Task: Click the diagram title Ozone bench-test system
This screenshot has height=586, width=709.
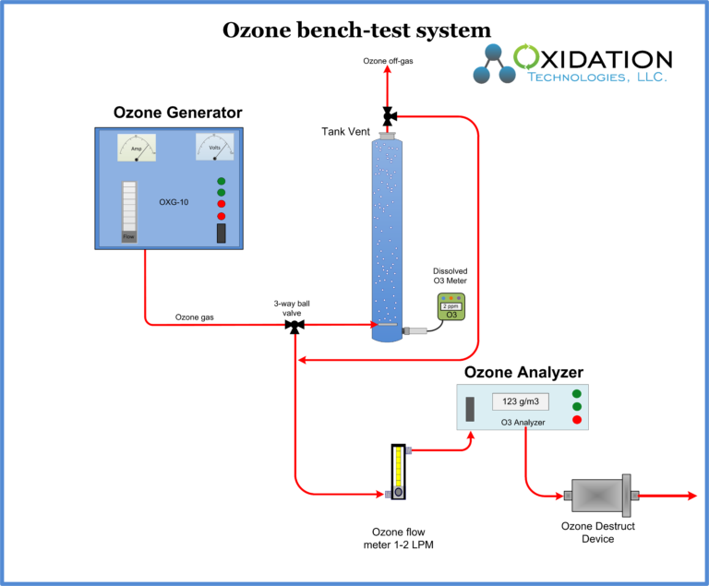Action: pos(355,30)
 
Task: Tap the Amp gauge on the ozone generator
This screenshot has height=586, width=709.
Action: pos(137,148)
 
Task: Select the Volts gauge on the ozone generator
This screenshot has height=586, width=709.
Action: pos(214,147)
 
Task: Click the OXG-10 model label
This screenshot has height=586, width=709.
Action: pos(173,201)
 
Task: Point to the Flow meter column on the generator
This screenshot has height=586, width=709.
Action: pos(129,212)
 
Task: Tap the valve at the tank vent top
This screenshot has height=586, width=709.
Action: pos(388,115)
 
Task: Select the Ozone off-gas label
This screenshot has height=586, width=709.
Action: pos(387,61)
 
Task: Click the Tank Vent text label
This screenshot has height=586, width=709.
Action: pos(345,132)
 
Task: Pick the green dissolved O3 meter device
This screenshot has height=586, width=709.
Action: pos(451,306)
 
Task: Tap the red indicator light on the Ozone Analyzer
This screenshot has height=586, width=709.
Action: pos(577,420)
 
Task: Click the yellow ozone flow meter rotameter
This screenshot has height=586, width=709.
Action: pos(398,472)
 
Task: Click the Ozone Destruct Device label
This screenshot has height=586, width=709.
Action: pos(597,532)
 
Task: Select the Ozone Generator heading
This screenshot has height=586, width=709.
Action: pos(177,113)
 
